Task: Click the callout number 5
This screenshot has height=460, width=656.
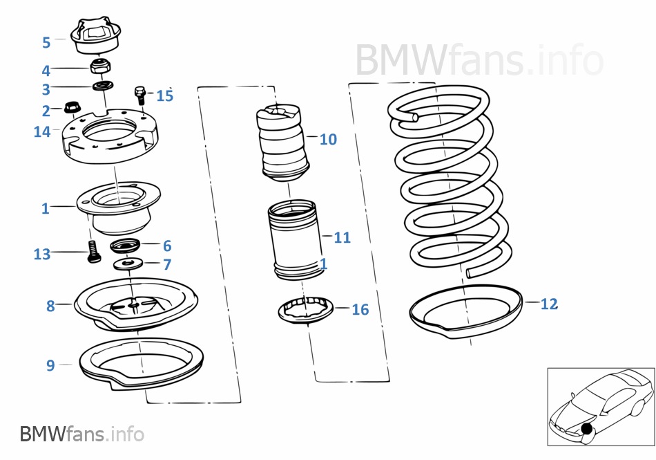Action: tap(46, 42)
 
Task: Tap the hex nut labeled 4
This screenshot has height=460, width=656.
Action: tap(100, 66)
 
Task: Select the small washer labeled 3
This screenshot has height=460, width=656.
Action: tap(102, 86)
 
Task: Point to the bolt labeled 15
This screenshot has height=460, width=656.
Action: tap(139, 95)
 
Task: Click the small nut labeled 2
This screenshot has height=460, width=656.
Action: tap(73, 107)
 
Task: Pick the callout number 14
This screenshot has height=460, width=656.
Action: tap(42, 131)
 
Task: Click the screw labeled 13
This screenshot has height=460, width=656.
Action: tap(94, 251)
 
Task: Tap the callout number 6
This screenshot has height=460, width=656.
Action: tap(167, 246)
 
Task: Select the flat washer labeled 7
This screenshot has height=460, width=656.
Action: tap(128, 264)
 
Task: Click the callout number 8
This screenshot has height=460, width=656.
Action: tap(50, 306)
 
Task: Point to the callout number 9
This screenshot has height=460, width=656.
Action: tap(50, 365)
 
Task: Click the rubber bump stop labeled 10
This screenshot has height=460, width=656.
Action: tap(282, 143)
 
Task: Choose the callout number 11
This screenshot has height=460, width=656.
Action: tap(343, 237)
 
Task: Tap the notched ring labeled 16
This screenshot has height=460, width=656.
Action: tap(306, 310)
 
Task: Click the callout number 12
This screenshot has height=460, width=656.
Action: tap(549, 304)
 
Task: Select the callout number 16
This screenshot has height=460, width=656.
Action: tap(360, 310)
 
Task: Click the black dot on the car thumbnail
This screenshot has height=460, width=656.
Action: tap(587, 429)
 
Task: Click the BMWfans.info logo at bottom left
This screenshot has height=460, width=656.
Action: tap(82, 434)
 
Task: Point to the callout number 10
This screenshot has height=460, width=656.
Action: tap(328, 140)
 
